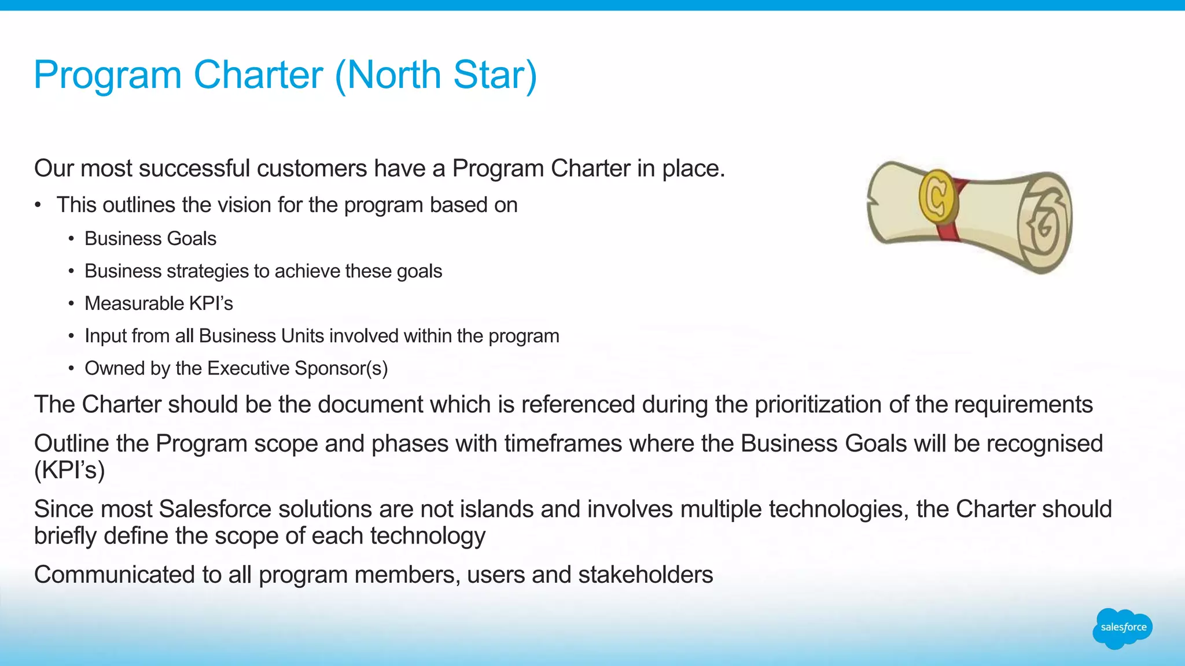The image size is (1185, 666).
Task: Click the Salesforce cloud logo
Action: tap(1123, 628)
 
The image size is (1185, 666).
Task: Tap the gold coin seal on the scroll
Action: tap(936, 195)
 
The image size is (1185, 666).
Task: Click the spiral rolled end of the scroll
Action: tap(1045, 223)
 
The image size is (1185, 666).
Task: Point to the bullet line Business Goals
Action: tap(150, 239)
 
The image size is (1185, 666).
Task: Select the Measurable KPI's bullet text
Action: tap(159, 304)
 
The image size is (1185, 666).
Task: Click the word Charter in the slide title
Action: tap(258, 75)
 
